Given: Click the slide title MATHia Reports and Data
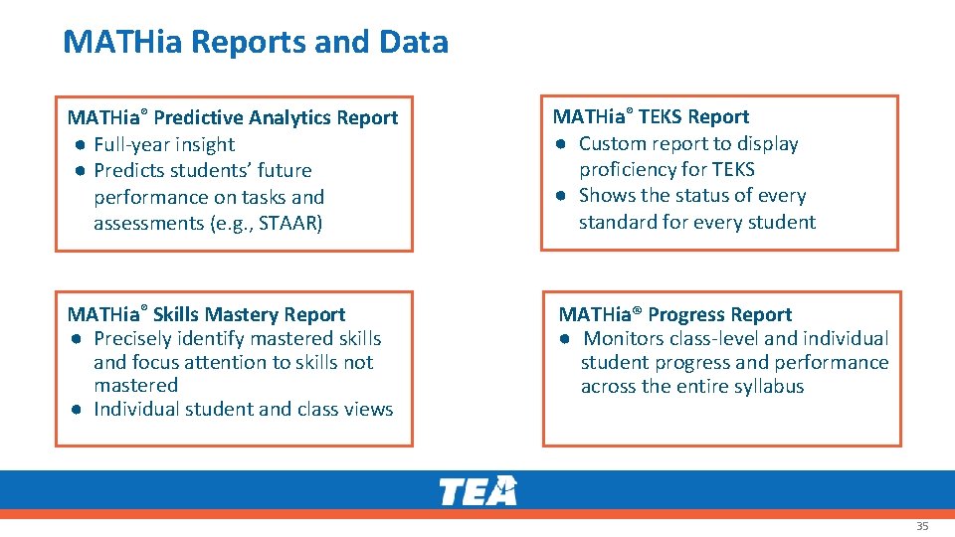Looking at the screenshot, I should pos(255,42).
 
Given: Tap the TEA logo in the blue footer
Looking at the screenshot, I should pos(477,491).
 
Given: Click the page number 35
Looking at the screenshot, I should pos(921,526).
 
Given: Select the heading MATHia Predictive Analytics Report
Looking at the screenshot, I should pos(233,117).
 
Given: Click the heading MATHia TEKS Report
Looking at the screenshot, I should pos(651,116).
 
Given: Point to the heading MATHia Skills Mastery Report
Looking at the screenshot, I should pos(206,314).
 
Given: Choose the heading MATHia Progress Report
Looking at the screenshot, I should pos(674,314).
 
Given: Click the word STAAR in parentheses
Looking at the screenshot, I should pos(288,223).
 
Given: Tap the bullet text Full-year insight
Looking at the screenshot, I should pos(164,144).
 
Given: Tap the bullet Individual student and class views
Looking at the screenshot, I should pos(243,409).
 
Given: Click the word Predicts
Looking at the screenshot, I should pos(131,170).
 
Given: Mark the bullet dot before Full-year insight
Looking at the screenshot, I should pos(77,145).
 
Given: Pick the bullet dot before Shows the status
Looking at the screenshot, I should pos(562,196).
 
